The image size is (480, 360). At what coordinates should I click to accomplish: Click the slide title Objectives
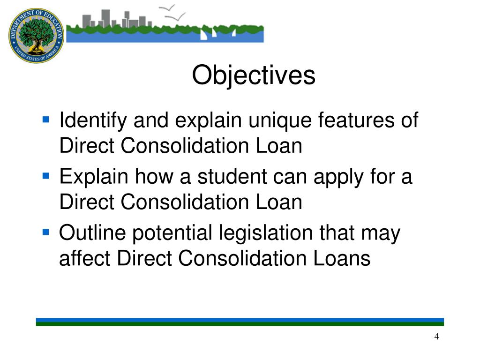tap(254, 76)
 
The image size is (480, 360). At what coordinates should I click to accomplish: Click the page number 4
tap(436, 337)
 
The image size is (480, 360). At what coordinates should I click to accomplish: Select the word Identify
tap(93, 121)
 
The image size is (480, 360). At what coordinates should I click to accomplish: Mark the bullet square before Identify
tap(45, 120)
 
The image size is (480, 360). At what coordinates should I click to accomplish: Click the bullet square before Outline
tap(45, 232)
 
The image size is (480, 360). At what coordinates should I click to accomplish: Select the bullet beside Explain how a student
tap(45, 176)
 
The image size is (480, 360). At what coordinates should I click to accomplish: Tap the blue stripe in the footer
tap(240, 321)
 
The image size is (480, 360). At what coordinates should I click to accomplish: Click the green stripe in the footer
tap(240, 324)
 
